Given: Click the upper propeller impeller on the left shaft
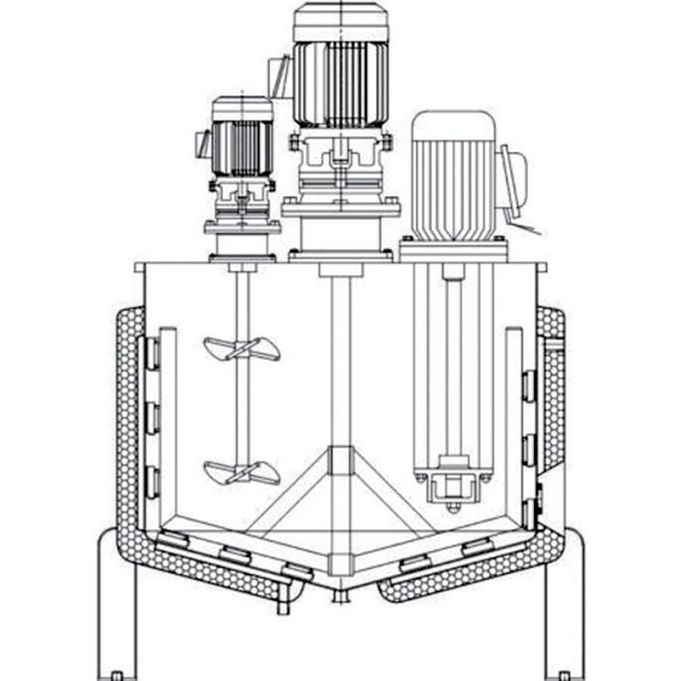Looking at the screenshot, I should [x=241, y=349].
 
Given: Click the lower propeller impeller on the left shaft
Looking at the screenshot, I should [x=241, y=472].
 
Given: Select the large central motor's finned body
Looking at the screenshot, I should [x=340, y=83].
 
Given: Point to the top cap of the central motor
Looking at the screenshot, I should [x=340, y=21].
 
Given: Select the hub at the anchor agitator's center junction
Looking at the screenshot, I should [x=340, y=461].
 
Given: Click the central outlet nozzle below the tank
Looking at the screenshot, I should [x=340, y=597].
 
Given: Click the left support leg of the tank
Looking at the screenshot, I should [x=117, y=605].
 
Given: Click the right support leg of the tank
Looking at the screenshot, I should [x=564, y=605].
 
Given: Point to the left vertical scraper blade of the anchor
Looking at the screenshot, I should [x=168, y=424].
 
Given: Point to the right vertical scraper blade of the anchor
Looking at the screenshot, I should [x=515, y=424].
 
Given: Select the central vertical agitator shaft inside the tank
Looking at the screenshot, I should [x=340, y=363].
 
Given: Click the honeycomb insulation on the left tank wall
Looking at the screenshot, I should [x=126, y=424].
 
